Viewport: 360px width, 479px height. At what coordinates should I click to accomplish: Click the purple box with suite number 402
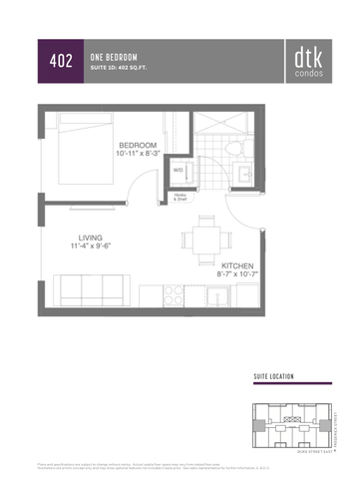coord(60,61)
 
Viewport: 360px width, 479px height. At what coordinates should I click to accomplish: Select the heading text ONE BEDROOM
coord(114,56)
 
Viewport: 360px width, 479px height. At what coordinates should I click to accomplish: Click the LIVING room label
coord(91,237)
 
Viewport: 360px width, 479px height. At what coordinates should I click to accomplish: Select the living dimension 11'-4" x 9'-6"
coord(91,245)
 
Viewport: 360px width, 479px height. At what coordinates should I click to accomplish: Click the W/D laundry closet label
coord(179,170)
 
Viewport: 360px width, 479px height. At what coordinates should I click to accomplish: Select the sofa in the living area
coord(96,290)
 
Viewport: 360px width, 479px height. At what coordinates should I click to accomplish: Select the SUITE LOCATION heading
coord(274,376)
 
